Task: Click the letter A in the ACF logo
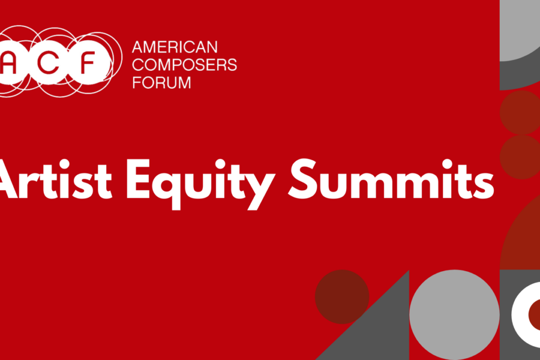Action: pos(9,62)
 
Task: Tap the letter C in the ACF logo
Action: pos(48,62)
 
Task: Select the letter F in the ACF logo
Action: pos(87,62)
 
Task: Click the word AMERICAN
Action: pos(175,47)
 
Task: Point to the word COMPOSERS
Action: pos(185,65)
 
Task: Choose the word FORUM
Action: pos(161,83)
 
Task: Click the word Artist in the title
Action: pos(55,180)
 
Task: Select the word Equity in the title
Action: pos(201,184)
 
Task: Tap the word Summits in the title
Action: pos(391,179)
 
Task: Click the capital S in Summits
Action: pos(303,179)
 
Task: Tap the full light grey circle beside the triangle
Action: pos(454,314)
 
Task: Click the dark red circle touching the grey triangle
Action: pos(342,296)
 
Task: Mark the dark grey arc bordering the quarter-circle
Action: pos(513,76)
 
